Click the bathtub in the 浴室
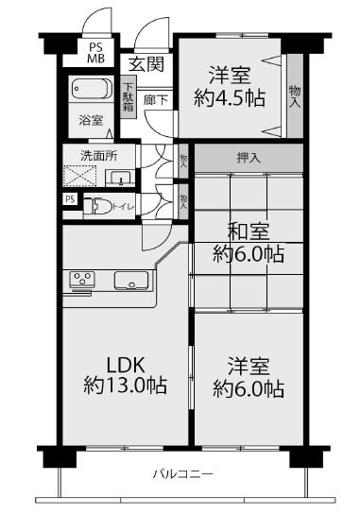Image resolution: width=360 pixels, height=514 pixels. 93,89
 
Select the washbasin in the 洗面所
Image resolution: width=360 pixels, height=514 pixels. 120,178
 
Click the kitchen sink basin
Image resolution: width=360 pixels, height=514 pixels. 131,281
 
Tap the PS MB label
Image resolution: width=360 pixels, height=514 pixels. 95,53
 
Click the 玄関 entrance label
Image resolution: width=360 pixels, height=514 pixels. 146,64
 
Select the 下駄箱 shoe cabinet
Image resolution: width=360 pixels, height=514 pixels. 128,97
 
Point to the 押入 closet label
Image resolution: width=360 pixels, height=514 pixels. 249,159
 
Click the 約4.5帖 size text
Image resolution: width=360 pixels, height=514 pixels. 230,97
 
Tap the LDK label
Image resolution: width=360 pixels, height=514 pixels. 127,364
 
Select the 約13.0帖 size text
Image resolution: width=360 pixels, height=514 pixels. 126,385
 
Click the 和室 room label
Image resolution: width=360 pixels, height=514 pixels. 249,231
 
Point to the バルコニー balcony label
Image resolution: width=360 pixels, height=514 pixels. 183,474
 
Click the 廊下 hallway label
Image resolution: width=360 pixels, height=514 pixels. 156,100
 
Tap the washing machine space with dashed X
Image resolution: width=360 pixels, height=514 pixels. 79,176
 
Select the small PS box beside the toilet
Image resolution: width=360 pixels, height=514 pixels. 70,199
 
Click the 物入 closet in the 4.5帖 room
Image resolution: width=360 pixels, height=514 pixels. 295,96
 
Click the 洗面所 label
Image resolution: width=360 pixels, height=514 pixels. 98,156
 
